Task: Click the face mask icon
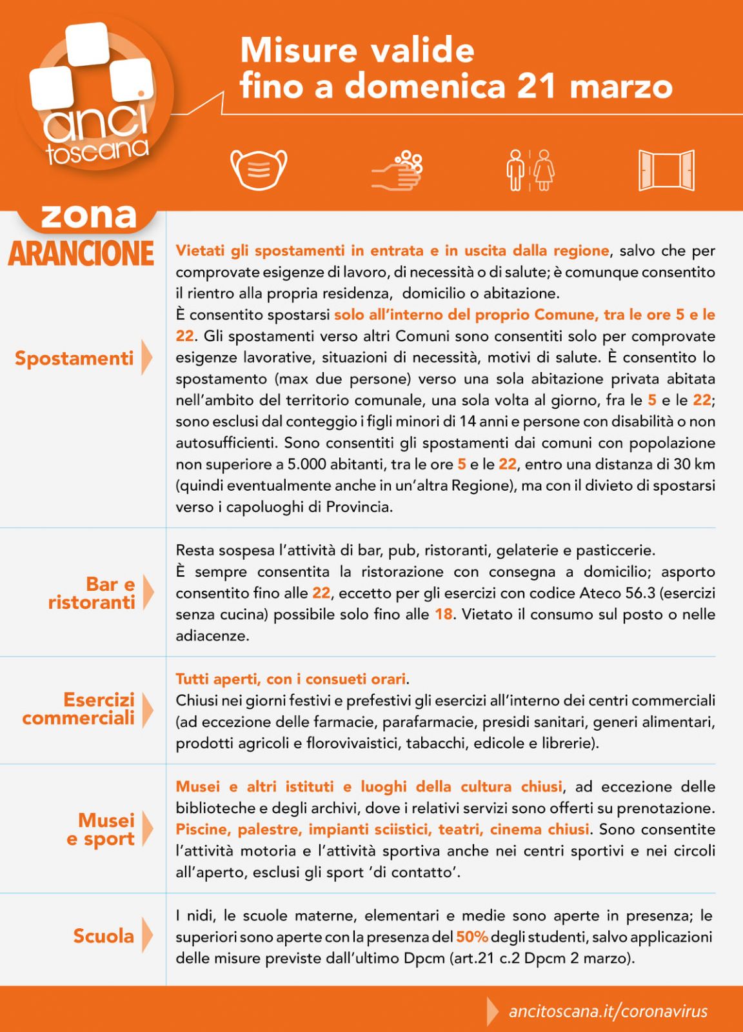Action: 259,169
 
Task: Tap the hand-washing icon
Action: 397,170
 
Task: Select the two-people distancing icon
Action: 530,170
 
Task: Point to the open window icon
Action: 666,170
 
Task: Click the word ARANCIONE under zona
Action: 81,253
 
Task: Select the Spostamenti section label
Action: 74,359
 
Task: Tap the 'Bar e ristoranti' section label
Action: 91,593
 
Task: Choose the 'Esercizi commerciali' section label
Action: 79,709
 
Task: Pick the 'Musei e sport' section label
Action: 101,829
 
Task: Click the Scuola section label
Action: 104,936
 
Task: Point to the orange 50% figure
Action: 472,937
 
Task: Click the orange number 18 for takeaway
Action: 443,614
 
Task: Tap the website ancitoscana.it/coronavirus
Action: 608,1011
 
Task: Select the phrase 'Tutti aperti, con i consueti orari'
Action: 291,679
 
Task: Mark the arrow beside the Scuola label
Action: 147,936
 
